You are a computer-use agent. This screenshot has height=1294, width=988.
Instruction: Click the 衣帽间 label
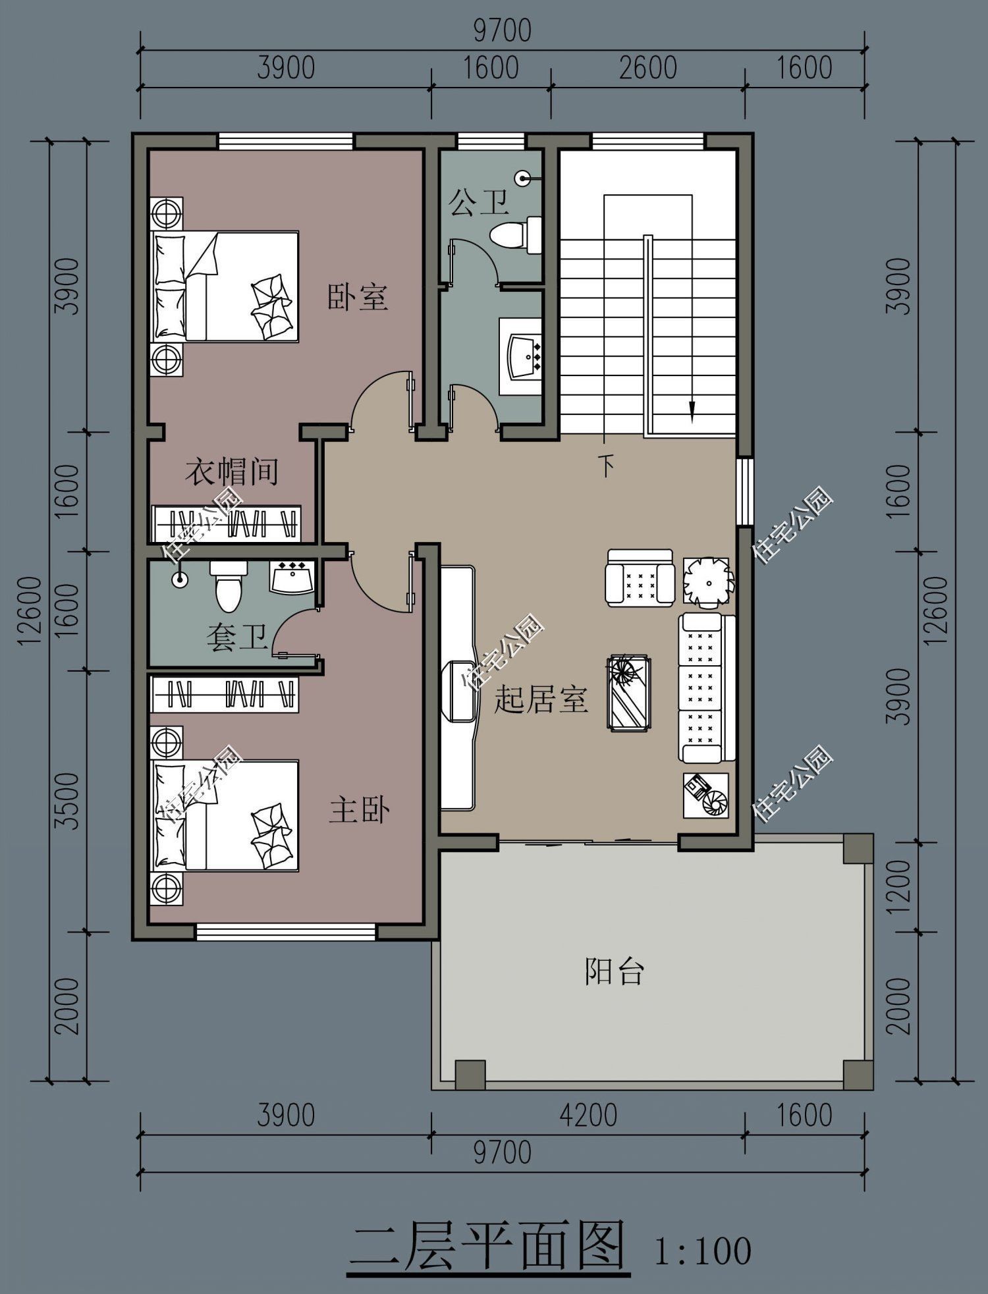231,472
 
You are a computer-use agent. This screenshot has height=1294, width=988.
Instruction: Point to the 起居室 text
540,699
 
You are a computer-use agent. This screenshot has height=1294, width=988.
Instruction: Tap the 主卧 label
359,810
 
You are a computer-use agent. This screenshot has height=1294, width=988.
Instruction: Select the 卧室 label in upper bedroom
358,297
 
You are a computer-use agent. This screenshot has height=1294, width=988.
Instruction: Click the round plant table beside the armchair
706,580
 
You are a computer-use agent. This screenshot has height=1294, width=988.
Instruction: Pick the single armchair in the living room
640,578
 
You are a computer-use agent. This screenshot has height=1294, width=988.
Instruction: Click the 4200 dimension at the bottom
588,1116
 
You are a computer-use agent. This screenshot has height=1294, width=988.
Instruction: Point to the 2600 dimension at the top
647,68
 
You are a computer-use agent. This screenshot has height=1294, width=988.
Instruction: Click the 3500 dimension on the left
67,801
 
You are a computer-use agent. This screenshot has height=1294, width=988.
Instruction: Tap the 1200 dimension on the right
898,886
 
